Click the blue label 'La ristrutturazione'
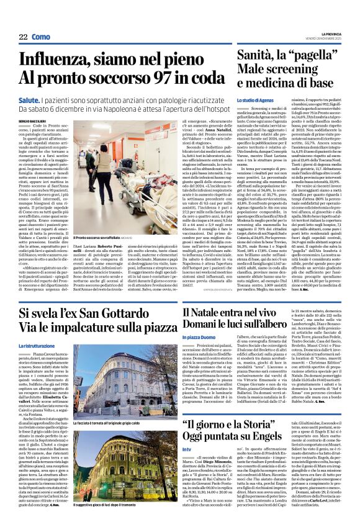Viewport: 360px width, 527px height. click(37, 345)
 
